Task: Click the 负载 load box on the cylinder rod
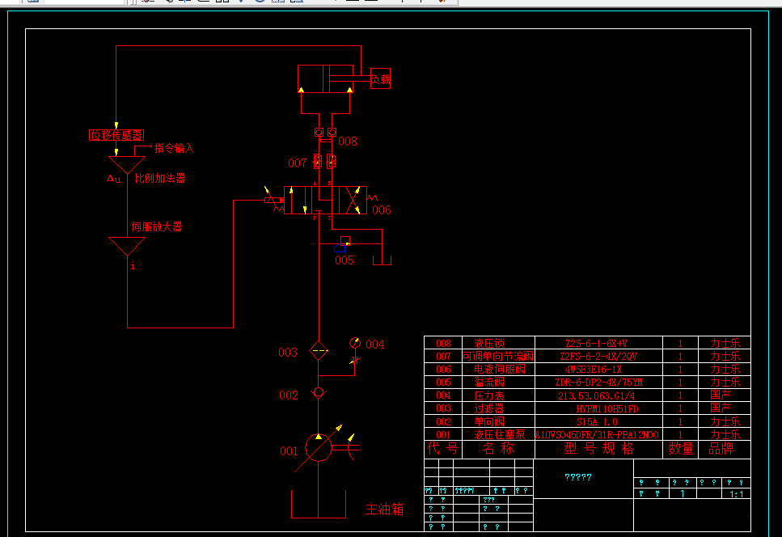click(x=380, y=79)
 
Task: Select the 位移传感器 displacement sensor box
click(x=116, y=135)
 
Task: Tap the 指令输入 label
click(x=174, y=148)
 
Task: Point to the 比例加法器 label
click(x=160, y=178)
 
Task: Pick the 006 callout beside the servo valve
click(x=382, y=210)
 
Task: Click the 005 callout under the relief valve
click(x=345, y=260)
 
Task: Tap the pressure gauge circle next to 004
click(x=354, y=343)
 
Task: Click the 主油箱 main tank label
click(x=384, y=510)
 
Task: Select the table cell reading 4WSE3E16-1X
click(x=598, y=369)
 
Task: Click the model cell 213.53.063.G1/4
click(x=598, y=395)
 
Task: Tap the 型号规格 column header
click(x=598, y=449)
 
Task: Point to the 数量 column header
click(x=681, y=449)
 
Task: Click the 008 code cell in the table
click(x=443, y=343)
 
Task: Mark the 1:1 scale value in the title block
click(x=737, y=493)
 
